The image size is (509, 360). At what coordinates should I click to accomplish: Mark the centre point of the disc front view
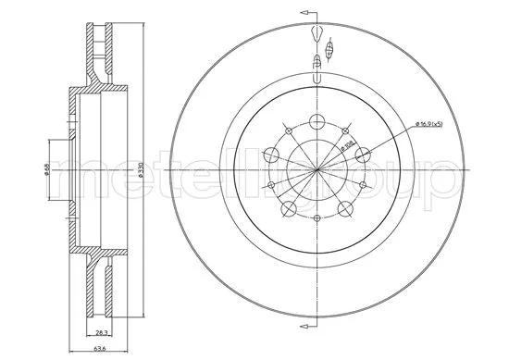317,171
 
